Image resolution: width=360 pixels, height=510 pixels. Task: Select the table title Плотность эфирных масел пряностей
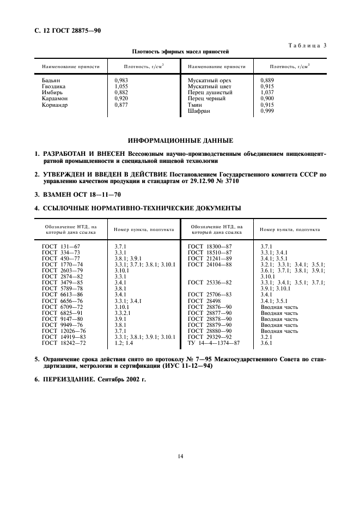(180, 52)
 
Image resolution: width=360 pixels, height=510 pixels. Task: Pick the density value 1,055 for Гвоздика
(121, 86)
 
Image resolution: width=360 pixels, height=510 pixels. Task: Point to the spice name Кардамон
(55, 99)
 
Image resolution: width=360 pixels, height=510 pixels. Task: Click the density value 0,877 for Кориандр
(121, 105)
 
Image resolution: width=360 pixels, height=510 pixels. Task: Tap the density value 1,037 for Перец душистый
(267, 93)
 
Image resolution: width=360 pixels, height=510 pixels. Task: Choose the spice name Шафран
(199, 111)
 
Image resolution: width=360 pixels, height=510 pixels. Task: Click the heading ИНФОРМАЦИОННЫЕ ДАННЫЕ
(180, 141)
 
